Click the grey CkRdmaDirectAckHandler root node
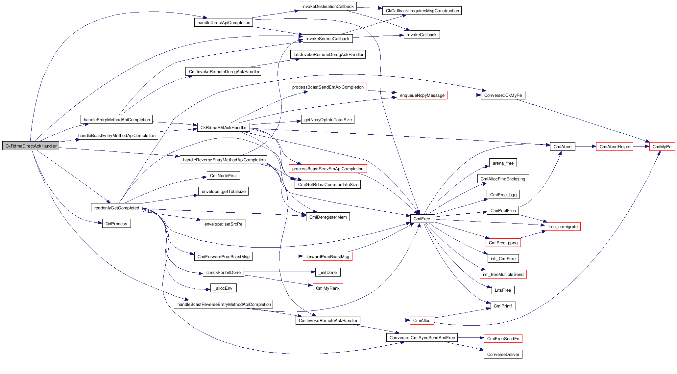(31, 146)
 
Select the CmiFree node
(422, 219)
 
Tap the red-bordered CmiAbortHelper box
(615, 147)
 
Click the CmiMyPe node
(662, 147)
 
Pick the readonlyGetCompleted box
(116, 208)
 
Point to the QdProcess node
(116, 224)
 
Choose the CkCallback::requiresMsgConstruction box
(422, 11)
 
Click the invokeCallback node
(422, 35)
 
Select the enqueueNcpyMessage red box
(422, 95)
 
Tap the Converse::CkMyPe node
(503, 95)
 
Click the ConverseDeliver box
(503, 354)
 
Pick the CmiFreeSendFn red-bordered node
(503, 338)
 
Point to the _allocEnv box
(223, 288)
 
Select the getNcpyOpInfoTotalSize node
(328, 120)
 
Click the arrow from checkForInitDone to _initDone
(279, 272)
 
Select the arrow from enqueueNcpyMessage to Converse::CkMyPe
(464, 95)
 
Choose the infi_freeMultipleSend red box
(503, 274)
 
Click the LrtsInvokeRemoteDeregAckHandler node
(328, 54)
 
